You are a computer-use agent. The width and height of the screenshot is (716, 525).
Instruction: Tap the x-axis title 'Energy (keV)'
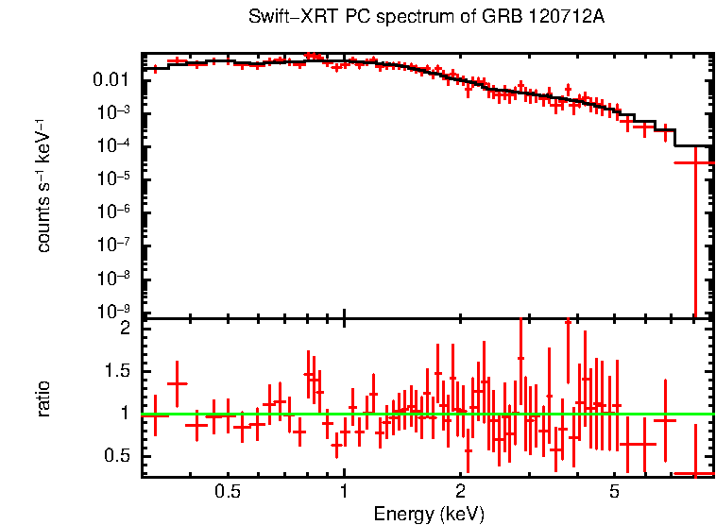click(x=429, y=515)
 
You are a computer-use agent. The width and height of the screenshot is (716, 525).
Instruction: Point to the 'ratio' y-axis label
click(x=43, y=398)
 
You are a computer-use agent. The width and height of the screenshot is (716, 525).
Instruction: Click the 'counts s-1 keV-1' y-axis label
click(x=43, y=184)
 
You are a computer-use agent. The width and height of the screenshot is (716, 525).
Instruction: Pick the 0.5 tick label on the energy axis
click(x=227, y=493)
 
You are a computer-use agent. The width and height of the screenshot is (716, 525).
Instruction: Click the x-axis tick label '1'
click(x=344, y=493)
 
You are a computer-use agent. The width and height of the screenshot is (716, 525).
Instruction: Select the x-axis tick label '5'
click(x=614, y=493)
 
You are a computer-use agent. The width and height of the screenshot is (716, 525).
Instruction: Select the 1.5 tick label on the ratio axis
click(x=117, y=372)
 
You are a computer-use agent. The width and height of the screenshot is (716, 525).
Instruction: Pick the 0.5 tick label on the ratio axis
click(x=117, y=456)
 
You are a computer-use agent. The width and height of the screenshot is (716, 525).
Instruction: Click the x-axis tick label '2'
click(x=460, y=493)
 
